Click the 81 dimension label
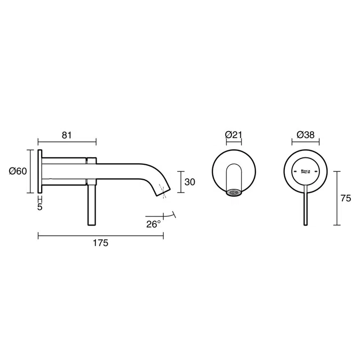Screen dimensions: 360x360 point(67,135)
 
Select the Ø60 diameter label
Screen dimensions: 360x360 point(18,171)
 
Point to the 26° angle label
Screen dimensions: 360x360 point(154,224)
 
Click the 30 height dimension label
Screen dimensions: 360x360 point(189,182)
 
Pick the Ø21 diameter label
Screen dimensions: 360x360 point(234,135)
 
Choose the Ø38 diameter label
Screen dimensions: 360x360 point(305,135)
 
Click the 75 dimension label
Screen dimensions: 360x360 point(345,198)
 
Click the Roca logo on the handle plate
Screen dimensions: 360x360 point(306,171)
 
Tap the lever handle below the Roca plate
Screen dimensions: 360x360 point(306,208)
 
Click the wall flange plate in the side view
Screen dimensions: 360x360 point(40,172)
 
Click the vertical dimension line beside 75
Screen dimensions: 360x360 point(337,198)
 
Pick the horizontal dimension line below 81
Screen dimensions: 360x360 point(67,143)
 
